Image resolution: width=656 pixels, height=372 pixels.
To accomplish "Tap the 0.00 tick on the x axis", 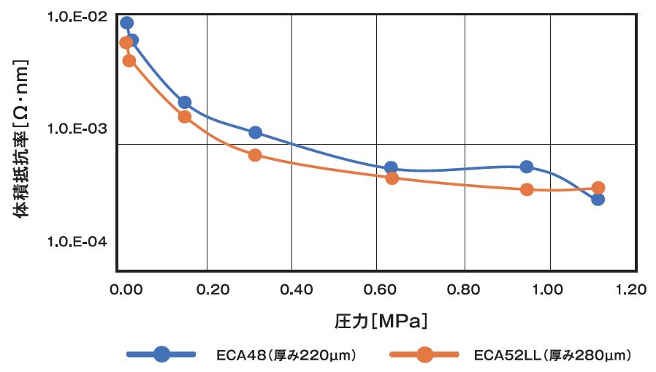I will tap(123, 289).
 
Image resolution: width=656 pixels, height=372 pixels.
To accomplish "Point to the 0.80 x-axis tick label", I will tap(462, 289).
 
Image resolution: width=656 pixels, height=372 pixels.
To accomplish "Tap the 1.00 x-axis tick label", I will tap(547, 289).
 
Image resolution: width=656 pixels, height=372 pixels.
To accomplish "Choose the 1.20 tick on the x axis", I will tap(631, 289).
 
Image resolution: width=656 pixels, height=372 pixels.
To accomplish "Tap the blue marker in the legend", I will tap(162, 355).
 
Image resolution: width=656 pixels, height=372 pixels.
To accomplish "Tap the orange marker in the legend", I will tap(424, 355).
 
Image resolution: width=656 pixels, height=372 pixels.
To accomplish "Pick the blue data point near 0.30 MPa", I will tap(255, 132).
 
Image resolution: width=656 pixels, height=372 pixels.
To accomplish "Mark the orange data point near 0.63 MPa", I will tap(392, 178).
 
